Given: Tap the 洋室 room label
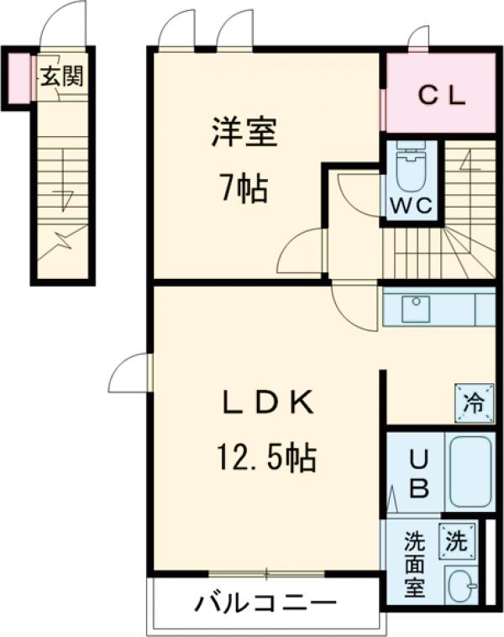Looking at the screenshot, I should point(244,133).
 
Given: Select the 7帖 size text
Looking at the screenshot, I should point(244,189).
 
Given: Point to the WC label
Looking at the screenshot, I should point(411,205).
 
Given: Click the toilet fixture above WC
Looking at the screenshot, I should point(411,168).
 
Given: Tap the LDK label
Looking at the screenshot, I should point(267,404).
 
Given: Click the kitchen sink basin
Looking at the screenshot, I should point(415,309).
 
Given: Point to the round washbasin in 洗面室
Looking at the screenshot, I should point(459,585).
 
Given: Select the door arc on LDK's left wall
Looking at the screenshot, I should point(129,373).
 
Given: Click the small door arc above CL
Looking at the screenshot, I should point(417,38).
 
